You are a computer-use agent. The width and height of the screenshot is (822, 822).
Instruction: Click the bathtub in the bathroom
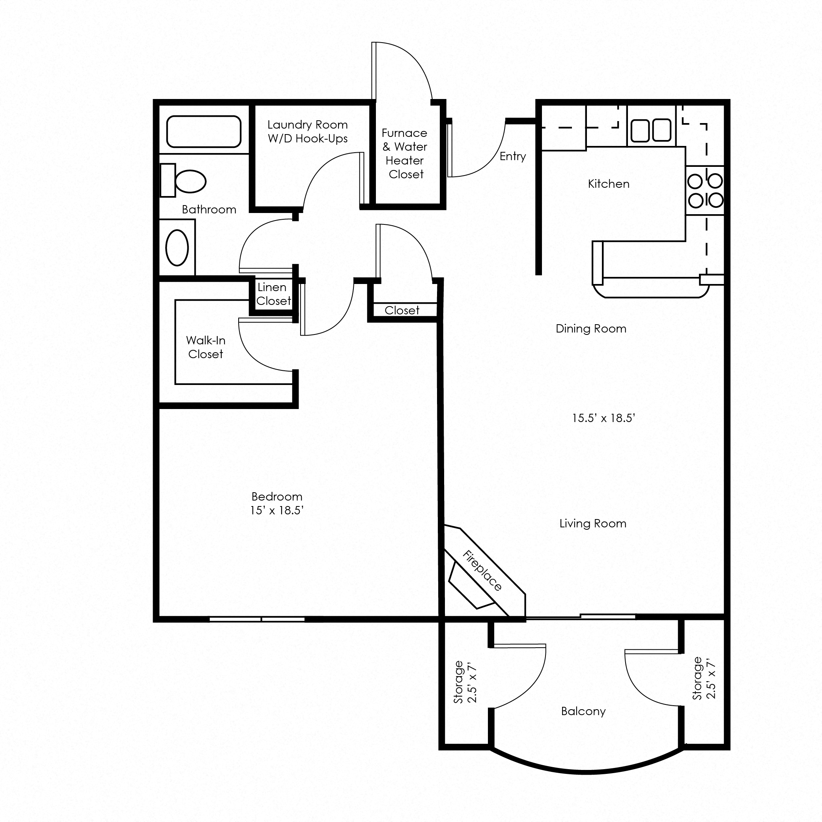204,131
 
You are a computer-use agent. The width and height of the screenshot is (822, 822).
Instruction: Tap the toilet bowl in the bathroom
190,181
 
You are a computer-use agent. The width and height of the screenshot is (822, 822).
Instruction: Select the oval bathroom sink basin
177,248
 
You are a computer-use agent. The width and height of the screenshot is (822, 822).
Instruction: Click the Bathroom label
209,209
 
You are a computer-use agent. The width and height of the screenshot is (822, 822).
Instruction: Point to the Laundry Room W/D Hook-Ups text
308,131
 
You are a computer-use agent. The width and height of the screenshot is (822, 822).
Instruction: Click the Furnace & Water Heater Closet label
405,153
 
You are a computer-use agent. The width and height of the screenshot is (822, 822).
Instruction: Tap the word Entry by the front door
513,157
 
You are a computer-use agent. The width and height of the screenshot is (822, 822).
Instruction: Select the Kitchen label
609,184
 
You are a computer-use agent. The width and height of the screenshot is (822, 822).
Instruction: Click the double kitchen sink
650,130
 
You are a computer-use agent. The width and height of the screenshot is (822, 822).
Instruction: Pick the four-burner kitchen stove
705,191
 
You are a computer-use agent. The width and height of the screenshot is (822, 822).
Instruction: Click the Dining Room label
591,329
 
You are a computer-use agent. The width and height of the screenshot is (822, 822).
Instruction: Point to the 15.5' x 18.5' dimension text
603,418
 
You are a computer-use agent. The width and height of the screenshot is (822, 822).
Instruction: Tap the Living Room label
593,523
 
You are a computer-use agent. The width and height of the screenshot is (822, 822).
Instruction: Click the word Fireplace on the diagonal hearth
482,571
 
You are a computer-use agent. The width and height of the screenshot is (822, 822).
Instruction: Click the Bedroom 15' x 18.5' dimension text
276,510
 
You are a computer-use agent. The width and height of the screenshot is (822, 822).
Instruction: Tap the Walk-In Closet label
205,347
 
